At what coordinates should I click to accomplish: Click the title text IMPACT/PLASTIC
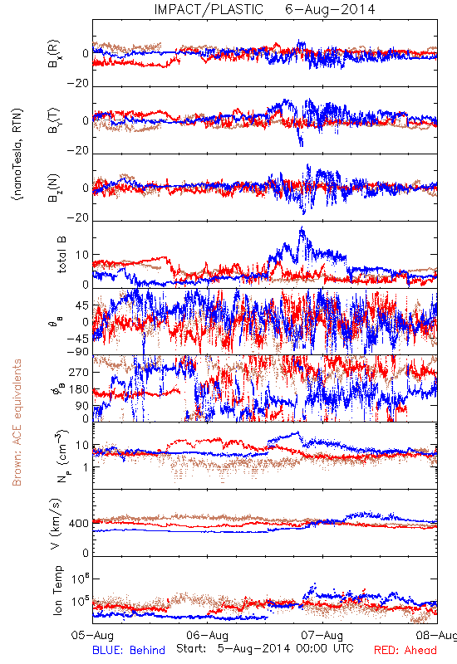(209, 9)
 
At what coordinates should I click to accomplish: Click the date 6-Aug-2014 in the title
(330, 9)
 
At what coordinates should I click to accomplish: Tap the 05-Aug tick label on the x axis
(92, 635)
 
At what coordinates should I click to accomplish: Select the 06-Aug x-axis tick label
(207, 635)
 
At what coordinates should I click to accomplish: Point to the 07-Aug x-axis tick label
(322, 635)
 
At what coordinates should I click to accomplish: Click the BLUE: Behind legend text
(129, 650)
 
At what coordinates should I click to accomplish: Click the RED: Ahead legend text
(405, 650)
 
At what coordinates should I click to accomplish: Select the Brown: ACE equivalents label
(17, 422)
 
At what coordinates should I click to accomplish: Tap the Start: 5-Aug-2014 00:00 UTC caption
(265, 648)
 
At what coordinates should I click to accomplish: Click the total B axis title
(61, 254)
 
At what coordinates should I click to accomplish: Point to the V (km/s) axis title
(56, 524)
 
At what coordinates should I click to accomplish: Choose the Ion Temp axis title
(57, 590)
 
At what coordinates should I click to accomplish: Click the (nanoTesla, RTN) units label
(17, 154)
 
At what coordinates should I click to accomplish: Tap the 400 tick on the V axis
(79, 524)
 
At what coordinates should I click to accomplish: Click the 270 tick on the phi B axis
(79, 372)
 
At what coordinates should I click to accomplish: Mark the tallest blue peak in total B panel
(302, 227)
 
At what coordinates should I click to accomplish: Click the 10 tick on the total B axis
(82, 255)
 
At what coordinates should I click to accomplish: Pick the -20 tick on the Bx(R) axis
(78, 83)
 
